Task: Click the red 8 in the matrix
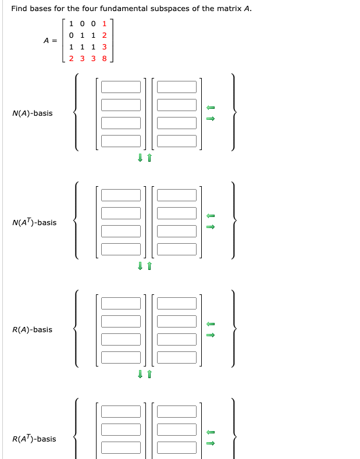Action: tap(105, 58)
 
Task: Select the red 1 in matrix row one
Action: tap(105, 24)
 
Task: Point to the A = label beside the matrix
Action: tap(51, 41)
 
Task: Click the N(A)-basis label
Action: tap(32, 113)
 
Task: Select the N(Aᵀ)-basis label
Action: tap(34, 222)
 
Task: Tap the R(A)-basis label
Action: tap(32, 330)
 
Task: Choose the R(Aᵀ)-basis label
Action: tap(34, 439)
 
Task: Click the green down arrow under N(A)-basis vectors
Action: tap(140, 158)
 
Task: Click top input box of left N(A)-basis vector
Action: tap(120, 87)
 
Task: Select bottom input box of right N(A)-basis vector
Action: tap(177, 141)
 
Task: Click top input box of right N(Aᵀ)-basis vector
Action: tap(177, 195)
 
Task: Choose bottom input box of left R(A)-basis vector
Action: tap(120, 357)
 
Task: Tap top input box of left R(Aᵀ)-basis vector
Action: tap(120, 411)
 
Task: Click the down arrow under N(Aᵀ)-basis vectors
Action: tap(140, 266)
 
